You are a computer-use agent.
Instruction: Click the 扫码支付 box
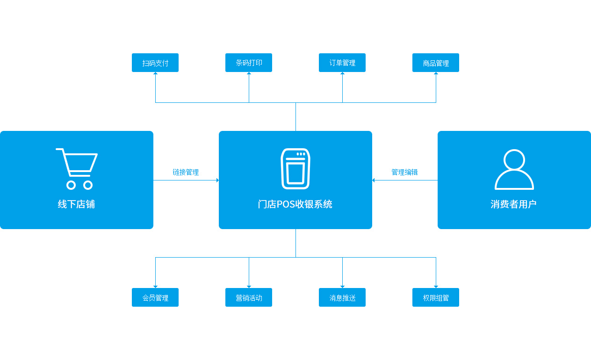[155, 63]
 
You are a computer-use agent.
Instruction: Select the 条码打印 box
[249, 63]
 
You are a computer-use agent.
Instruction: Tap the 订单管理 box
[342, 63]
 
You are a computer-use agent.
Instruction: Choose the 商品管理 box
[436, 63]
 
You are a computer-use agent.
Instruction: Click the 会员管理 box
[155, 297]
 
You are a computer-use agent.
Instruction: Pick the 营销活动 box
[249, 297]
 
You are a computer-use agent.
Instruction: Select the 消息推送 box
[342, 297]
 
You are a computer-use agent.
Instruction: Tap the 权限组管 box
[436, 297]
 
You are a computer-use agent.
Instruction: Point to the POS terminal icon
[295, 168]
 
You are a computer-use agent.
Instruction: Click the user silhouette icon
[514, 169]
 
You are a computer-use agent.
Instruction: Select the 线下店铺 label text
[76, 204]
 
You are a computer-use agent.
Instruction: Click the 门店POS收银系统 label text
[295, 204]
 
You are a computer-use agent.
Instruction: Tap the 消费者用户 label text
[513, 204]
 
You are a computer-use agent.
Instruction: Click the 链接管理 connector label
[186, 173]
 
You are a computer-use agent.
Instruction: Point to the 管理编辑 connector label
[404, 173]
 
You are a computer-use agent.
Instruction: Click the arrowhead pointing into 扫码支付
[155, 74]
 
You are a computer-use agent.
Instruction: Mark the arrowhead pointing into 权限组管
[436, 286]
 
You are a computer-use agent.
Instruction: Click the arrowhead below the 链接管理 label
[217, 180]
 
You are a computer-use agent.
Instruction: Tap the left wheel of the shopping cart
[71, 185]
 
